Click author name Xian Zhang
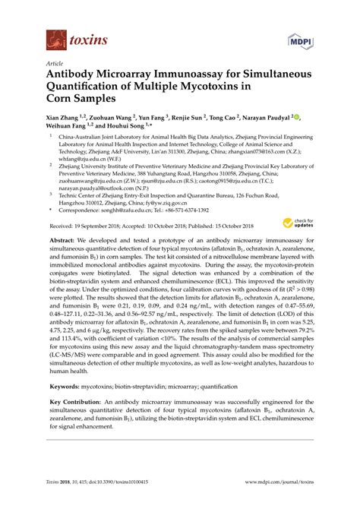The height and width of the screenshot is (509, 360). point(67,119)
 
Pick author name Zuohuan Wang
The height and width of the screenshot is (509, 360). point(114,119)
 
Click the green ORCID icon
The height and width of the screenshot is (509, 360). point(297,119)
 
